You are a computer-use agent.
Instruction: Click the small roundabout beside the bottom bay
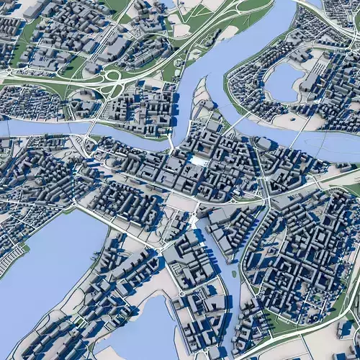coord(182,293)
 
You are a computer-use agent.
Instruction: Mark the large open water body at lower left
coord(43,266)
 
